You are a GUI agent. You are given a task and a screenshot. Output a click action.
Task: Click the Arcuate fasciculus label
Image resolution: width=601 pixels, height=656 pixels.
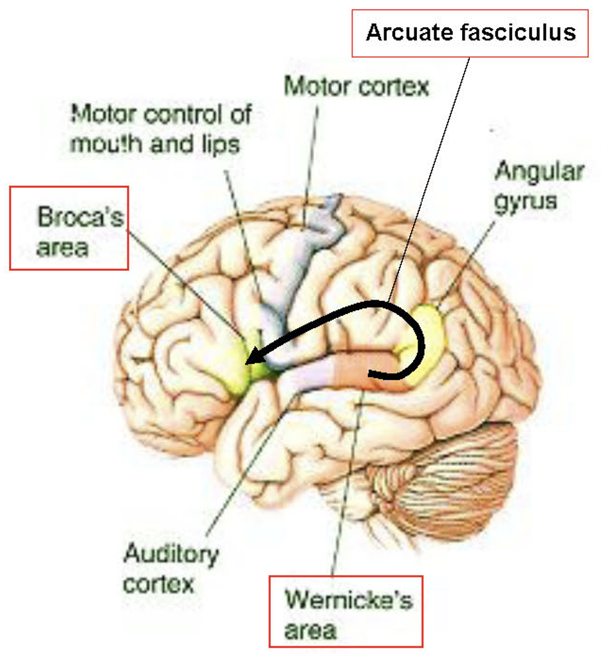click(x=470, y=32)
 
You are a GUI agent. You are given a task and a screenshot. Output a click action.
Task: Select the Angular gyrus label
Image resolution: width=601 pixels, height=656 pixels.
click(x=539, y=185)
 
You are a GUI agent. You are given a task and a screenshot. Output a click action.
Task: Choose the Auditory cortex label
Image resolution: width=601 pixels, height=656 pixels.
click(x=171, y=568)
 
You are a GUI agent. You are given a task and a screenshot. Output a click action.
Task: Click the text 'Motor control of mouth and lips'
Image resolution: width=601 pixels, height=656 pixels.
click(x=160, y=129)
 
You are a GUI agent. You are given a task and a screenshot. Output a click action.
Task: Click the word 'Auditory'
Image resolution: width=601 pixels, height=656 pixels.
click(x=171, y=554)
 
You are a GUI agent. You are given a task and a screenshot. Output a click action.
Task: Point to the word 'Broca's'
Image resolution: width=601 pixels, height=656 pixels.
click(x=80, y=217)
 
